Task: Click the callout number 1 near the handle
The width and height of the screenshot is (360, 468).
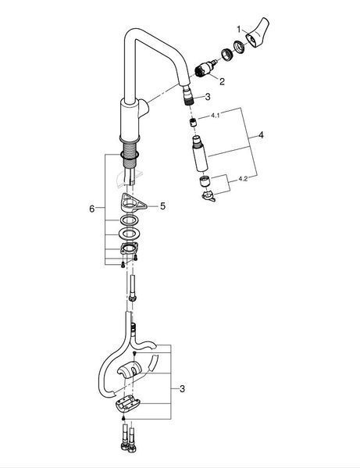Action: pos(239,29)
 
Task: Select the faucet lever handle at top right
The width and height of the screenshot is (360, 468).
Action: pos(258,32)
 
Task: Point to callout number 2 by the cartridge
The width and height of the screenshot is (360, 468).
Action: pos(222,81)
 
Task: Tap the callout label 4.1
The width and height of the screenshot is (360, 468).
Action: pos(216,116)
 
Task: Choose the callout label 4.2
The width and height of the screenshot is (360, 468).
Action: pos(243,179)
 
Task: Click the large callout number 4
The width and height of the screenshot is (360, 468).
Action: pos(261,135)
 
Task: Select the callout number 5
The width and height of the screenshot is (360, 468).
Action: pos(162,206)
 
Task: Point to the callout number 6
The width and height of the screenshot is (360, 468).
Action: pos(92,209)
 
